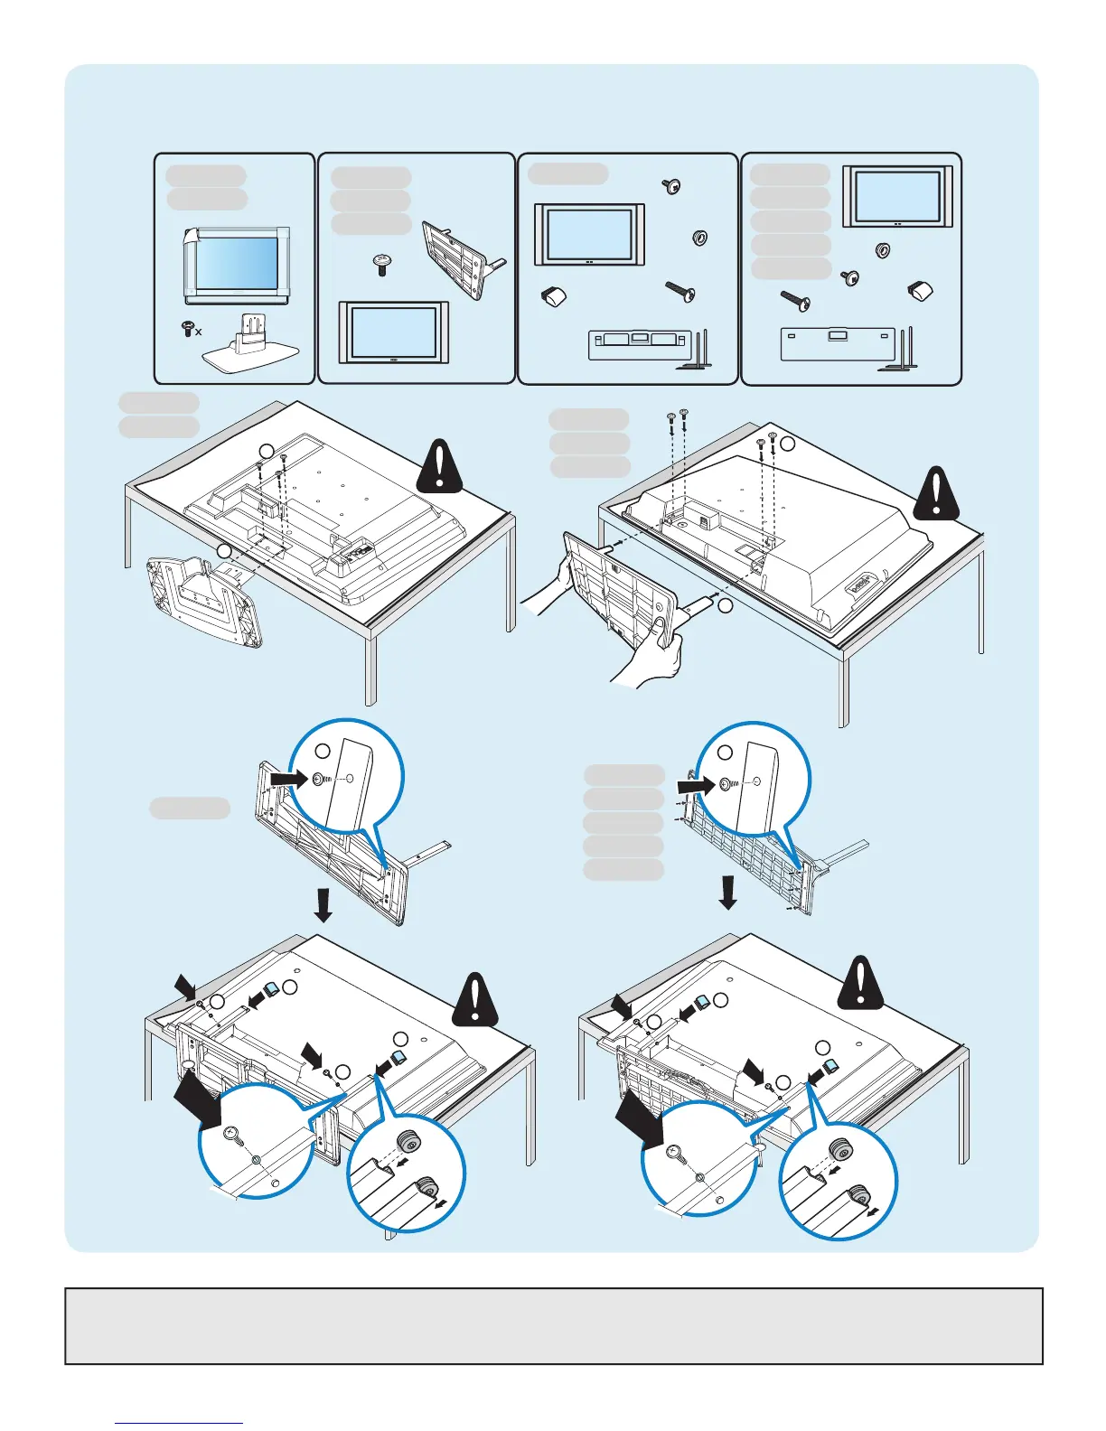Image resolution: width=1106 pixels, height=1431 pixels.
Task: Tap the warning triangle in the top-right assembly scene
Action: (936, 494)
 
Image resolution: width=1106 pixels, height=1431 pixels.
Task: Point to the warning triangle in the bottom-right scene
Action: (862, 985)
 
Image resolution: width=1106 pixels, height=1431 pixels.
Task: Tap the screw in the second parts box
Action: (381, 265)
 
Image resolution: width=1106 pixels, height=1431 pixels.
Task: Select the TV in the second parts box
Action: (393, 333)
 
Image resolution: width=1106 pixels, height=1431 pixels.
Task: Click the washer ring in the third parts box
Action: (698, 238)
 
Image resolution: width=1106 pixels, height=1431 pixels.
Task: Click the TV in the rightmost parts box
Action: (897, 196)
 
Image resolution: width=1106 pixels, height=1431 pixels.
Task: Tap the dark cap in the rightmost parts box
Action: (920, 291)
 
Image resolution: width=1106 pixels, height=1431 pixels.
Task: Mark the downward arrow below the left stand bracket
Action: (323, 904)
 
